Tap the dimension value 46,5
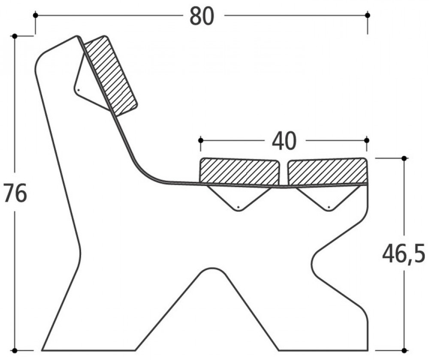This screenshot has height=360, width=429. pyautogui.click(x=404, y=254)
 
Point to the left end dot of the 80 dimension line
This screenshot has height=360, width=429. pyautogui.click(x=35, y=15)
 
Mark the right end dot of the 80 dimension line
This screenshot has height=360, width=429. pyautogui.click(x=367, y=15)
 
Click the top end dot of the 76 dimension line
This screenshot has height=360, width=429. pyautogui.click(x=15, y=36)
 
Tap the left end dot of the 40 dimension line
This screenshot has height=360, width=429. pyautogui.click(x=200, y=140)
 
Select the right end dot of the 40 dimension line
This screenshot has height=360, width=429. pyautogui.click(x=366, y=140)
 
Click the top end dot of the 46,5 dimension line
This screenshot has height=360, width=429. pyautogui.click(x=404, y=158)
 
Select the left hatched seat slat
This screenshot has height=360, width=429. pyautogui.click(x=239, y=172)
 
